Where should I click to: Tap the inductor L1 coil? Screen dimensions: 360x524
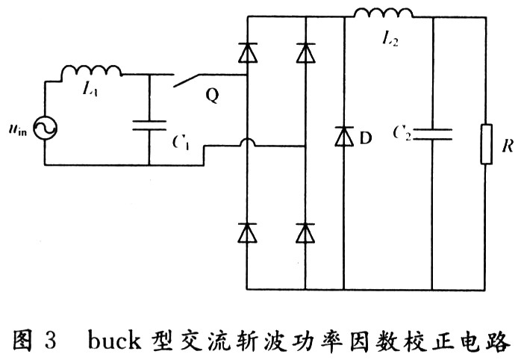(x=91, y=72)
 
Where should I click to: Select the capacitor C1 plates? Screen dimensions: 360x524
(x=149, y=124)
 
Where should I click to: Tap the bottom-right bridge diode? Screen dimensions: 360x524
(x=305, y=233)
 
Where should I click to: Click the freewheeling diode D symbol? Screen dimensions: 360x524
(x=343, y=137)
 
